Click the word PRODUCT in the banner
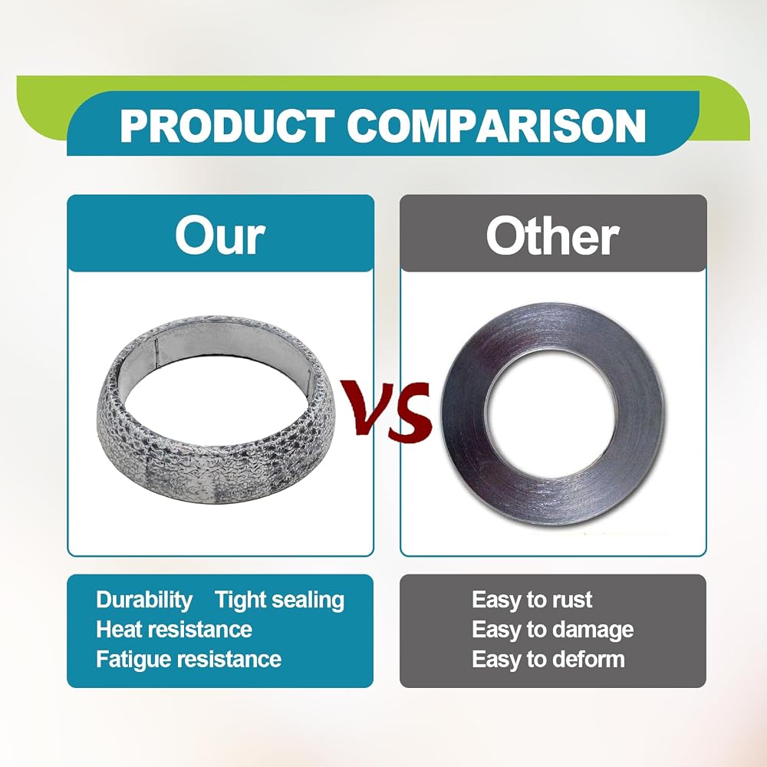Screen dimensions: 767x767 (x=228, y=126)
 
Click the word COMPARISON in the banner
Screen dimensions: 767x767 (x=496, y=126)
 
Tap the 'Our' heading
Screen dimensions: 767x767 (x=220, y=235)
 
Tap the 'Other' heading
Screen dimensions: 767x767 (x=552, y=235)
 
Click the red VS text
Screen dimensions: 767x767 (x=387, y=410)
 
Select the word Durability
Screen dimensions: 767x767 (x=144, y=601)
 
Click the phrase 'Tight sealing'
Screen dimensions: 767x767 (x=280, y=601)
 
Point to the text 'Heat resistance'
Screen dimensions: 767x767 (x=174, y=630)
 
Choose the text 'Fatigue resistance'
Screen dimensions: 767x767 (x=189, y=660)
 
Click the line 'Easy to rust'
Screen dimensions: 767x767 (x=532, y=600)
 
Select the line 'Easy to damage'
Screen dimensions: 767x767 (x=553, y=630)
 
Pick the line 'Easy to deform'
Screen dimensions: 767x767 (x=548, y=660)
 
